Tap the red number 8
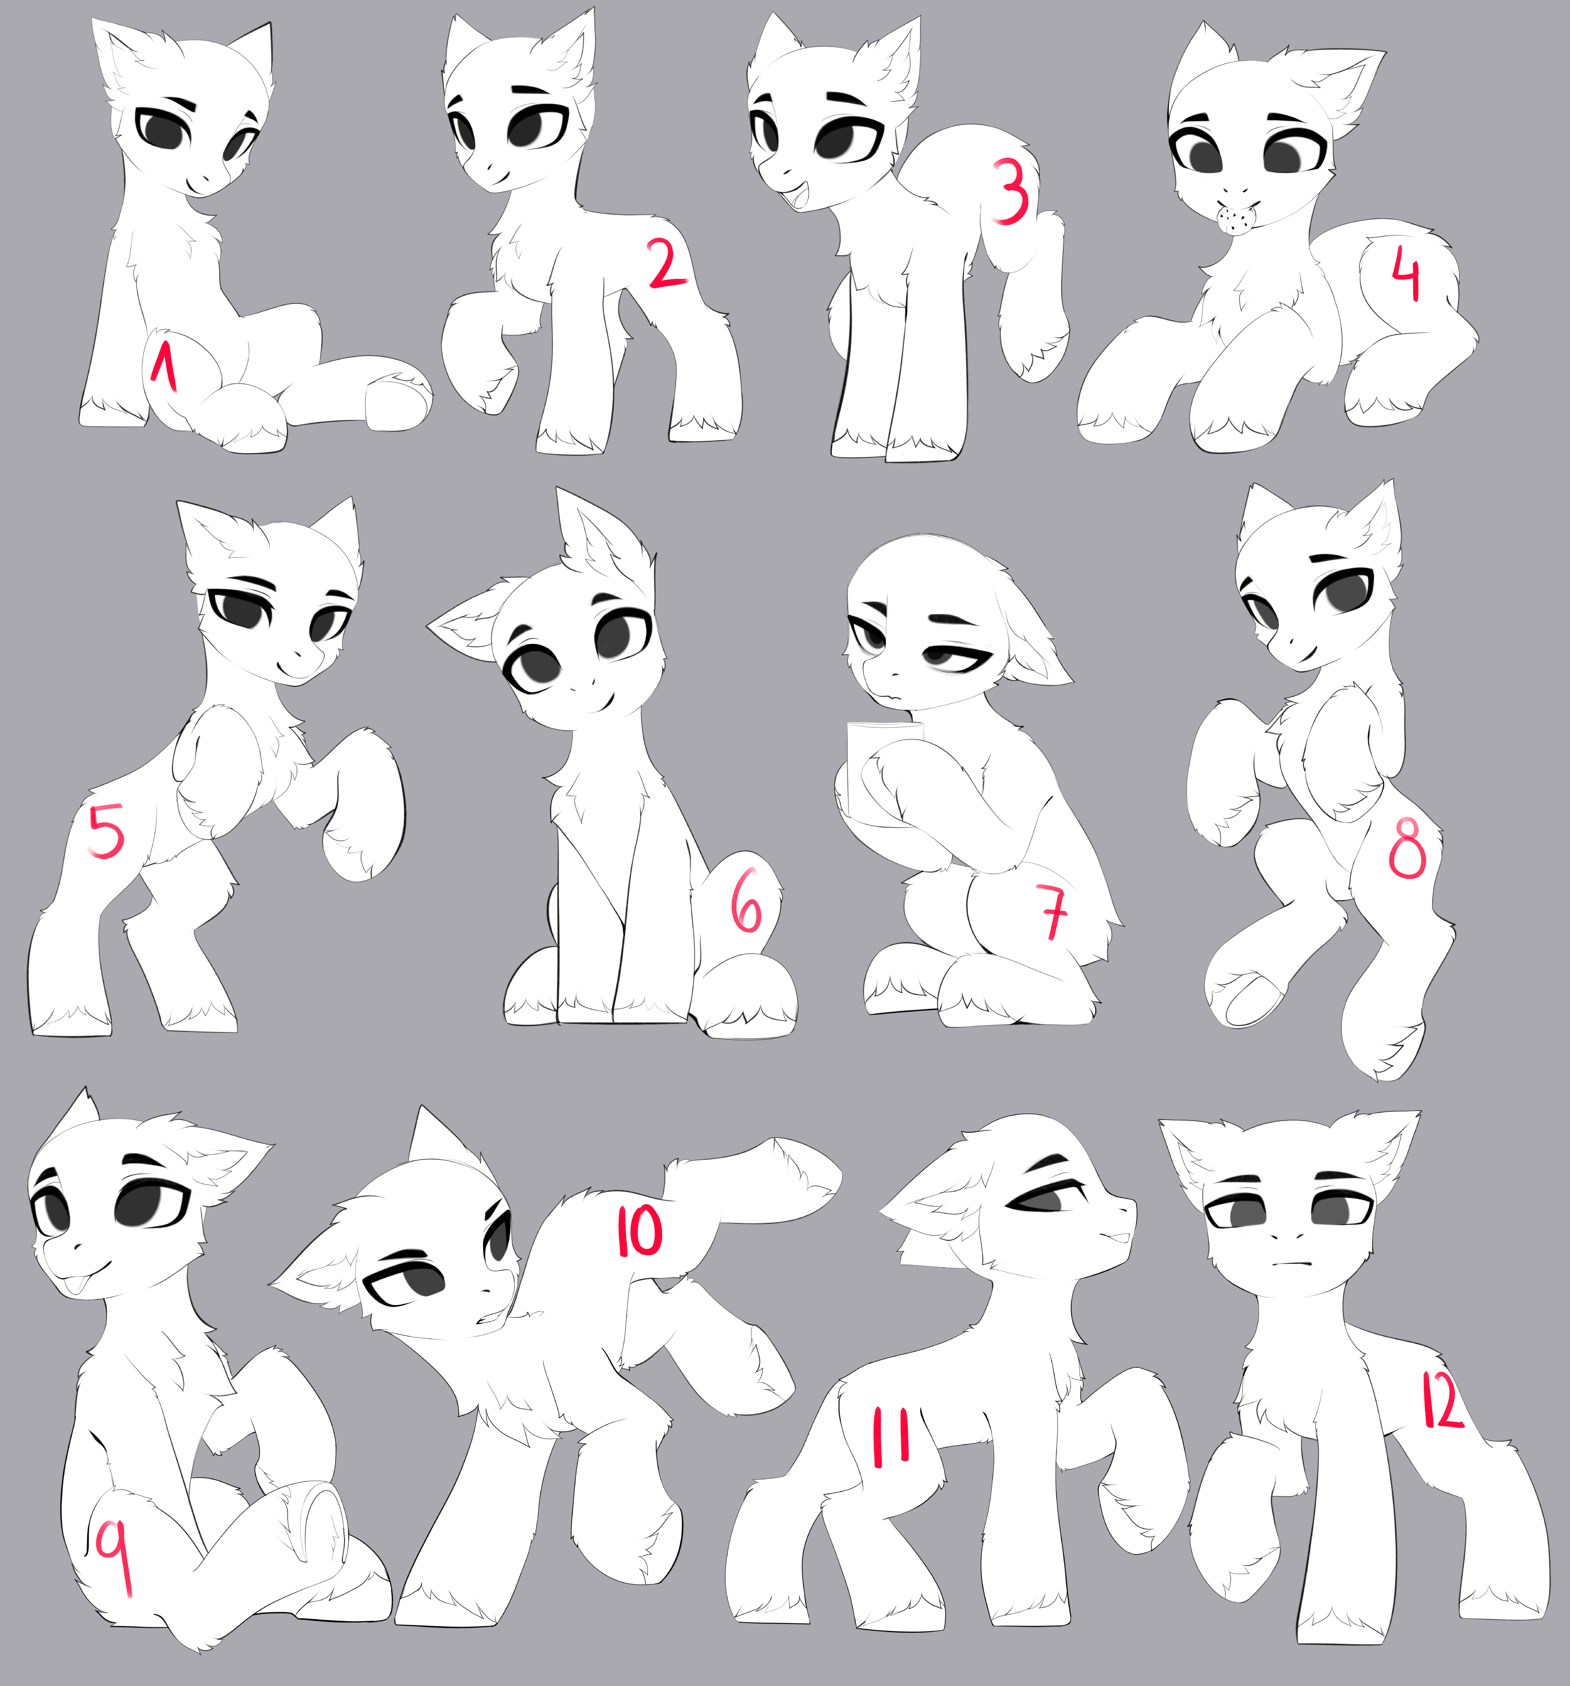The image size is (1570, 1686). (1407, 849)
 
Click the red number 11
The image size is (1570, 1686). (891, 1436)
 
